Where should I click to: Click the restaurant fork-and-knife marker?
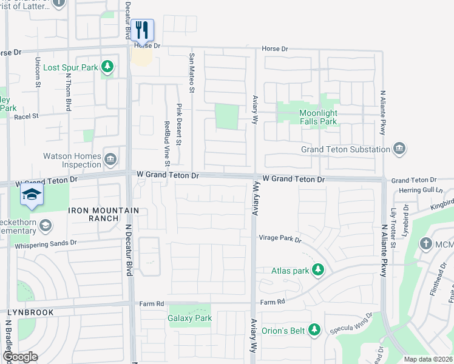142,30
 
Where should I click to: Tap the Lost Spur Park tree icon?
107,66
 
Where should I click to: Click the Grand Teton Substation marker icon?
399,149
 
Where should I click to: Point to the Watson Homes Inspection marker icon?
110,160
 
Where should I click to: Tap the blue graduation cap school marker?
31,195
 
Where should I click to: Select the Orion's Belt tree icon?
314,330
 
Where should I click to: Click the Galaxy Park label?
190,318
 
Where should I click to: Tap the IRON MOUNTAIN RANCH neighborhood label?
104,214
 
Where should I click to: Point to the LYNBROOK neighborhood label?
30,312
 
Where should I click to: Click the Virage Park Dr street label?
280,239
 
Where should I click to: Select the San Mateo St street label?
191,72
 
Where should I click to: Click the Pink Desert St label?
179,124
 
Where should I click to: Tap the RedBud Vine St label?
166,144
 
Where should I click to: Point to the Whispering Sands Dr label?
47,243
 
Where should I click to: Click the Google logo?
19,357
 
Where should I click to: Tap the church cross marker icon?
427,244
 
